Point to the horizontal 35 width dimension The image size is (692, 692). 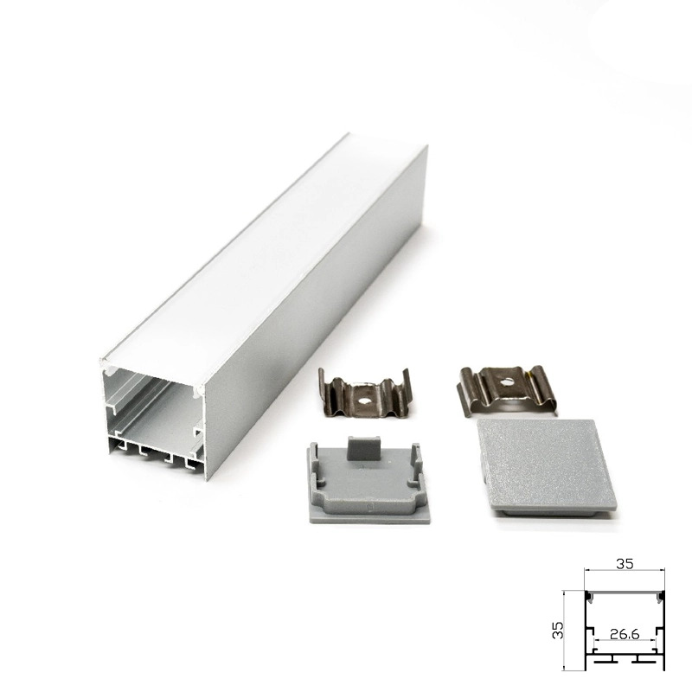coord(625,564)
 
